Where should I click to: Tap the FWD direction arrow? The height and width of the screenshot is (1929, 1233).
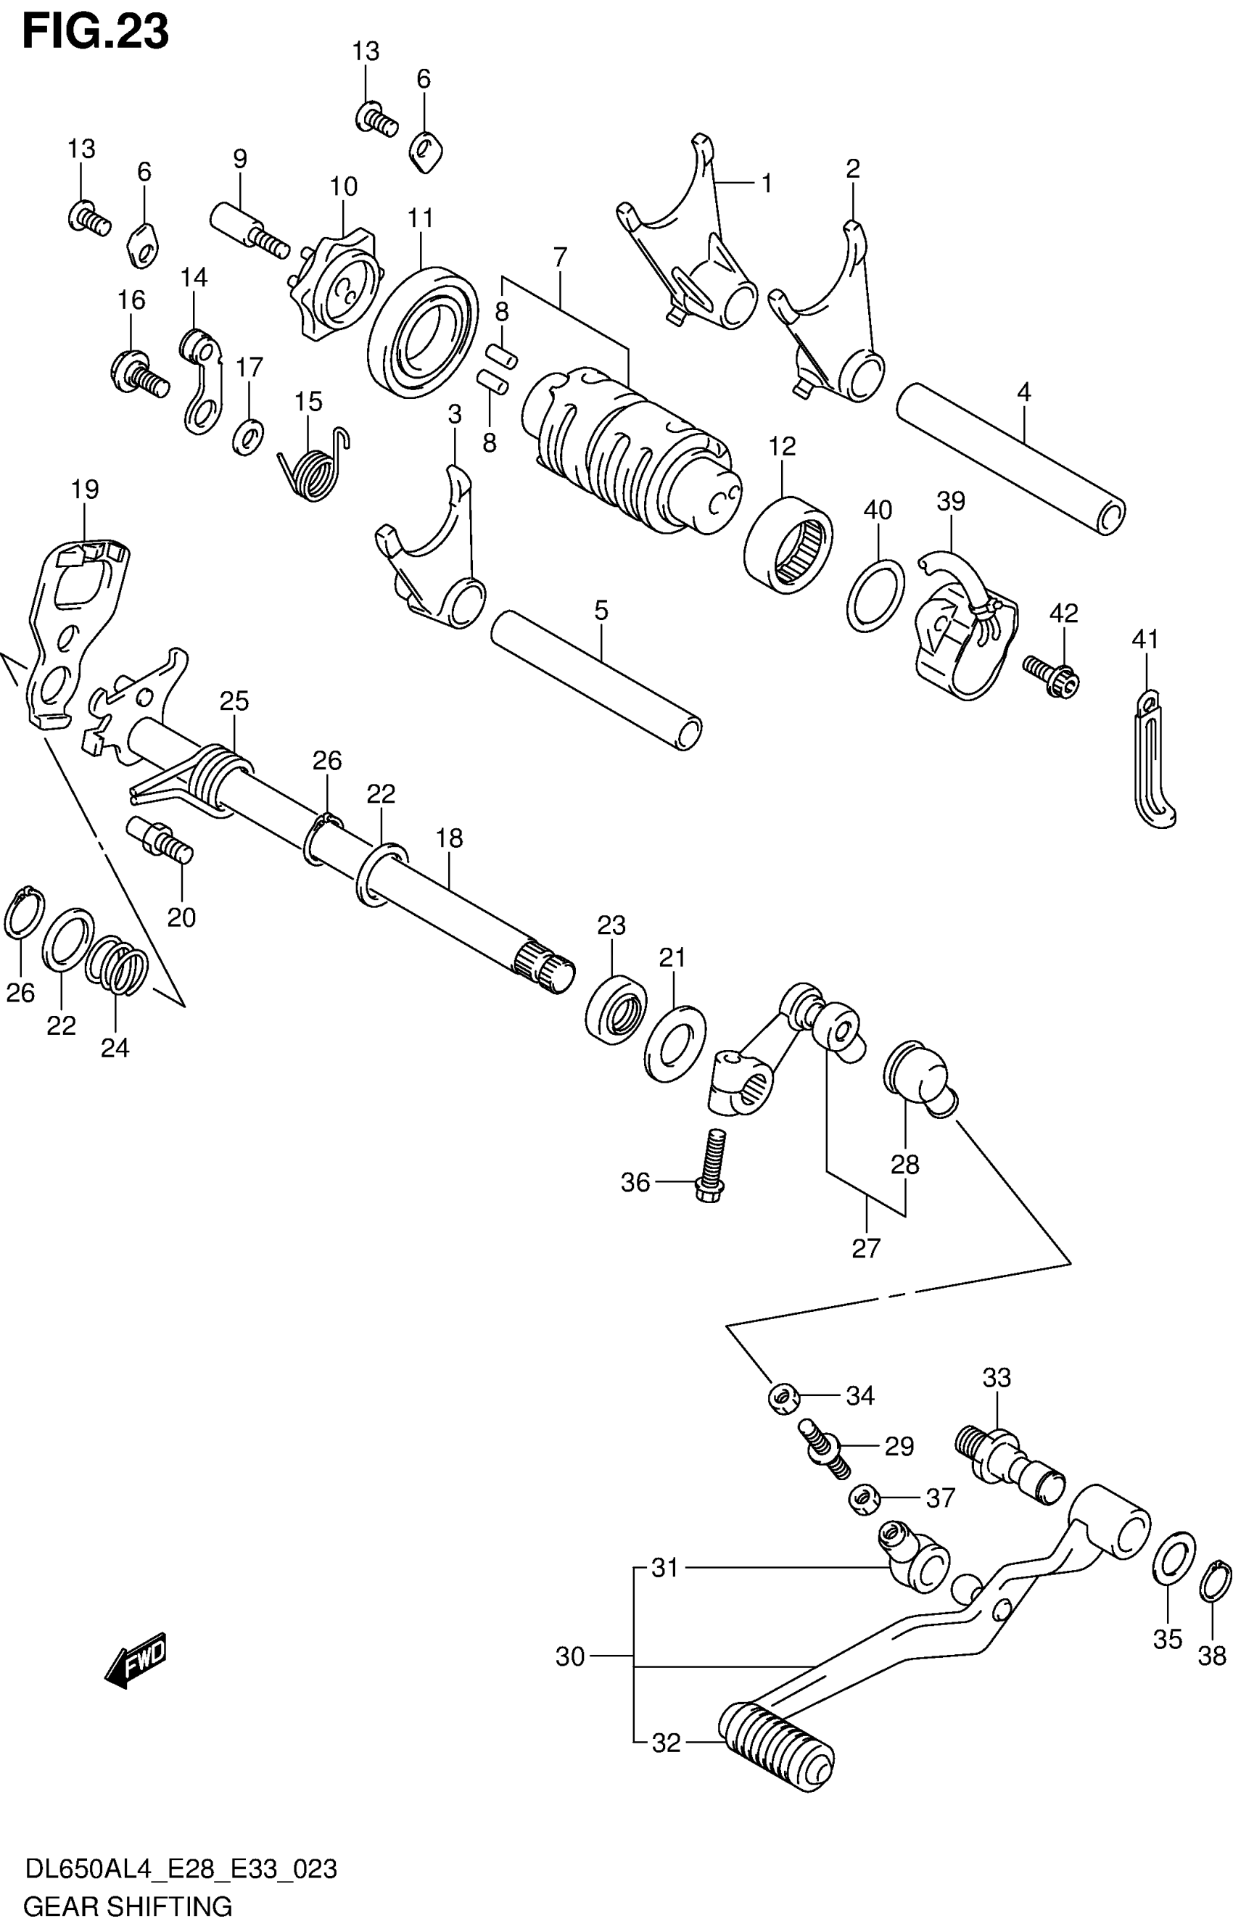point(136,1660)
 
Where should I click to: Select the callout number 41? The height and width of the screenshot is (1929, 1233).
point(1145,640)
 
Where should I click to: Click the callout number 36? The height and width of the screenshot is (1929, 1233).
point(635,1182)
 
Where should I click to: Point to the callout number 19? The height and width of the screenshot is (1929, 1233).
point(85,490)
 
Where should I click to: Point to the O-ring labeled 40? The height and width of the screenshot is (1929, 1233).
point(875,596)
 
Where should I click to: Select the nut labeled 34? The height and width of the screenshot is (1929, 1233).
point(783,1399)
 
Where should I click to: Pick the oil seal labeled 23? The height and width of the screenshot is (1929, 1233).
point(615,1008)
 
